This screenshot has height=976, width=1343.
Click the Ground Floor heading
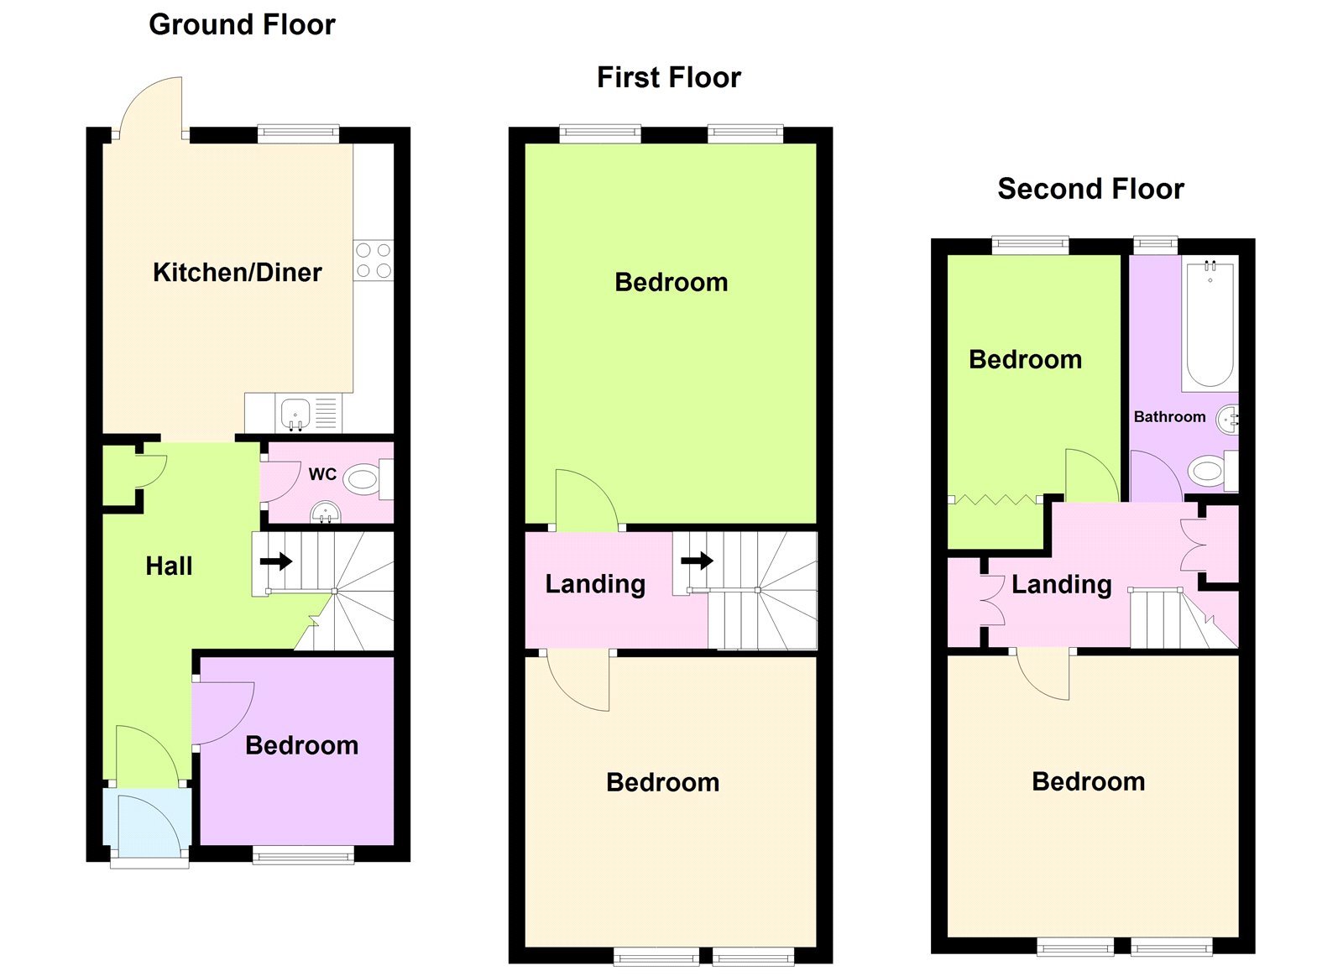pos(242,24)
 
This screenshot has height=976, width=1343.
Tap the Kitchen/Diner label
pos(237,272)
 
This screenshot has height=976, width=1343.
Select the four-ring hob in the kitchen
pos(374,260)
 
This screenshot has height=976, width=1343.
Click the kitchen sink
pos(295,414)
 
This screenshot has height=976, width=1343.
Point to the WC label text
pos(322,474)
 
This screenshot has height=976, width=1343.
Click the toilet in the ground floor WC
pos(365,480)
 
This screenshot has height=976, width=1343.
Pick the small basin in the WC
pos(325,511)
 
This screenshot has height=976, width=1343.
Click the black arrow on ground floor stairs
pos(275,561)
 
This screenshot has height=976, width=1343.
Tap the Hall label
pos(169,566)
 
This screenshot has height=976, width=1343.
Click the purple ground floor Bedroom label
pos(301,745)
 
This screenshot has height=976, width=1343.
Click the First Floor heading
pos(668,77)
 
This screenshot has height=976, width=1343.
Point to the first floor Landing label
pos(595,584)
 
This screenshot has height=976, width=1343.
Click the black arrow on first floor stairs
pos(697,560)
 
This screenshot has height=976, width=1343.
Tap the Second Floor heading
pos(1090,189)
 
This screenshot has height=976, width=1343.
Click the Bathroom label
pos(1169,417)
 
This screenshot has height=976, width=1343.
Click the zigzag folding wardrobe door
pos(995,500)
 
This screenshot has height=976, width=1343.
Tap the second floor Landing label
pos(1061,584)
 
